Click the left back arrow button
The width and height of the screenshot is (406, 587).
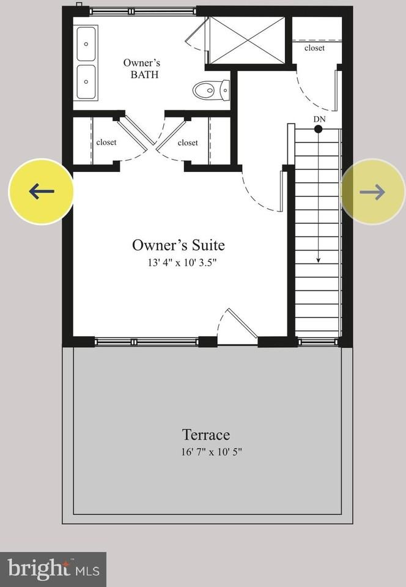(x=41, y=191)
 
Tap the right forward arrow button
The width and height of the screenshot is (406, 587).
(x=372, y=192)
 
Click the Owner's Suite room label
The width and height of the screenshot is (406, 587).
(x=179, y=245)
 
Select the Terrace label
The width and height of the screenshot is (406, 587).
(x=206, y=435)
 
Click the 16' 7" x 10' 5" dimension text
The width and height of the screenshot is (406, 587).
(x=206, y=452)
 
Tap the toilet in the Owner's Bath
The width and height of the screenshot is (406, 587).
(x=210, y=90)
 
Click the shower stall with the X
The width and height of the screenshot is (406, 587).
(x=247, y=40)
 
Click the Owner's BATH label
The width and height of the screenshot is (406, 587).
(x=143, y=68)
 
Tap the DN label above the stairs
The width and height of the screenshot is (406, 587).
(x=319, y=119)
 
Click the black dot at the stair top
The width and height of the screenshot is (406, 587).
(x=319, y=129)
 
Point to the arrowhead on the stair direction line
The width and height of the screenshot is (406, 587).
(x=319, y=260)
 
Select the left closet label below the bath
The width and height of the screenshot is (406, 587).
(x=106, y=142)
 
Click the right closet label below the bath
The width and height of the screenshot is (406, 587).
(x=188, y=142)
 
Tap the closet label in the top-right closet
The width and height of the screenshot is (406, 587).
(x=314, y=48)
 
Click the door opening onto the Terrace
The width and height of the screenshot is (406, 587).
(x=234, y=327)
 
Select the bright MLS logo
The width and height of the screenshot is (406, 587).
(x=53, y=569)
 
